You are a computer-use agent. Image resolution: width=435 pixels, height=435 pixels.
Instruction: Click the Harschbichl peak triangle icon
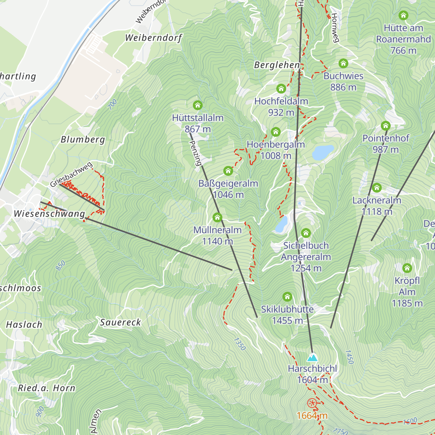[x=312, y=358]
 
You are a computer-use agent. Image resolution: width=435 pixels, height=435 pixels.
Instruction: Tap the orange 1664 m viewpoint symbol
[x=312, y=403]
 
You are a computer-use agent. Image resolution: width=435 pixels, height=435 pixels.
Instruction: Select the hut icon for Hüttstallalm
[x=198, y=105]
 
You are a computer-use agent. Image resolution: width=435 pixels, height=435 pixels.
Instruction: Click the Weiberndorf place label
[x=153, y=38]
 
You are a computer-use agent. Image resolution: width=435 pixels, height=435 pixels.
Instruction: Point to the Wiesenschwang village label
[x=49, y=214]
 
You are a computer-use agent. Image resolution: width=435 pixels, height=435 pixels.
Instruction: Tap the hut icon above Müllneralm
[x=217, y=217]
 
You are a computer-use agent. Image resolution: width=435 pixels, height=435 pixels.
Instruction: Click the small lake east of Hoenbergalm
[x=323, y=153]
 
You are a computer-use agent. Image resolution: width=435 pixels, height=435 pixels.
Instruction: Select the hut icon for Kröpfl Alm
[x=407, y=268]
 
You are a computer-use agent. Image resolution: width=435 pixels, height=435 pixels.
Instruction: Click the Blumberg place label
[x=83, y=140]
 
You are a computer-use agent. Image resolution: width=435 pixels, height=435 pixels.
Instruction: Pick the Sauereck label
[x=120, y=322]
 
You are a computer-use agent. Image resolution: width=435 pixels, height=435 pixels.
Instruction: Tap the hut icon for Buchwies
[x=343, y=64]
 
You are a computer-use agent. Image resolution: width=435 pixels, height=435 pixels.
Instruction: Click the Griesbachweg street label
[x=71, y=175]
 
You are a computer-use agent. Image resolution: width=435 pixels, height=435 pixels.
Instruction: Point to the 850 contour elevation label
[x=61, y=265]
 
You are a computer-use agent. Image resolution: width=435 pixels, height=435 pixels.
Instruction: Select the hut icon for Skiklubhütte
[x=287, y=297]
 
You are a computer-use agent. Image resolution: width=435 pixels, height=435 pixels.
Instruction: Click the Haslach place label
[x=24, y=324]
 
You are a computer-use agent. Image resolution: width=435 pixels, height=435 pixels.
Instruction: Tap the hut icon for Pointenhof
[x=385, y=126]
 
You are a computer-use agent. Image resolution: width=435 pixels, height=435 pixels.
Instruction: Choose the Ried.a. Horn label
[x=46, y=388]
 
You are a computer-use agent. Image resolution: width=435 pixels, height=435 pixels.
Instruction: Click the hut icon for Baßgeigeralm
[x=228, y=171]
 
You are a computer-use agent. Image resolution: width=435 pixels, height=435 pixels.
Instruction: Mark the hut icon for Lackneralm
[x=377, y=188]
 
